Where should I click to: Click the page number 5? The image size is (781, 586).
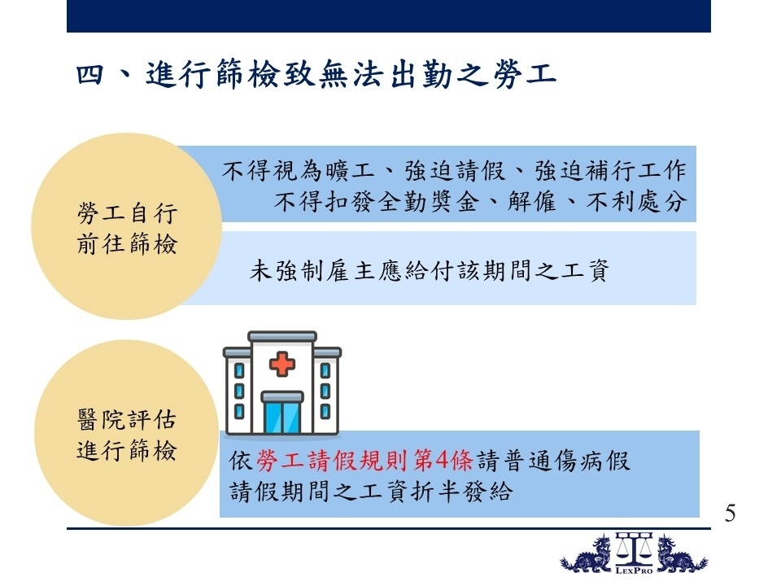pyautogui.click(x=730, y=514)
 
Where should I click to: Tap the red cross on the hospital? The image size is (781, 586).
pyautogui.click(x=282, y=364)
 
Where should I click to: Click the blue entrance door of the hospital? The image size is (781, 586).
pyautogui.click(x=282, y=418)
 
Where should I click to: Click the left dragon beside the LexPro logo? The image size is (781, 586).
pyautogui.click(x=587, y=554)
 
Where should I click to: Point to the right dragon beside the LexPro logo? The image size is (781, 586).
pyautogui.click(x=682, y=554)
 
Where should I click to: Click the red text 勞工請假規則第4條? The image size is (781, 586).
pyautogui.click(x=364, y=461)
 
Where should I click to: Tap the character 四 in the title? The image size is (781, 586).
pyautogui.click(x=90, y=75)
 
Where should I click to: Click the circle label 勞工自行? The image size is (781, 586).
pyautogui.click(x=127, y=213)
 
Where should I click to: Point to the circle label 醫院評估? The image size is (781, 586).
pyautogui.click(x=127, y=420)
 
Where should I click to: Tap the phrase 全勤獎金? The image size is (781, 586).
pyautogui.click(x=429, y=202)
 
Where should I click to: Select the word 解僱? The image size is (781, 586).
pyautogui.click(x=531, y=202)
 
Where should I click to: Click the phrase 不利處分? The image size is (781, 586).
pyautogui.click(x=636, y=202)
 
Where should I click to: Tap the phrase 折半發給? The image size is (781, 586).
pyautogui.click(x=462, y=492)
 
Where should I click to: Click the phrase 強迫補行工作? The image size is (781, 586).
pyautogui.click(x=611, y=171)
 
